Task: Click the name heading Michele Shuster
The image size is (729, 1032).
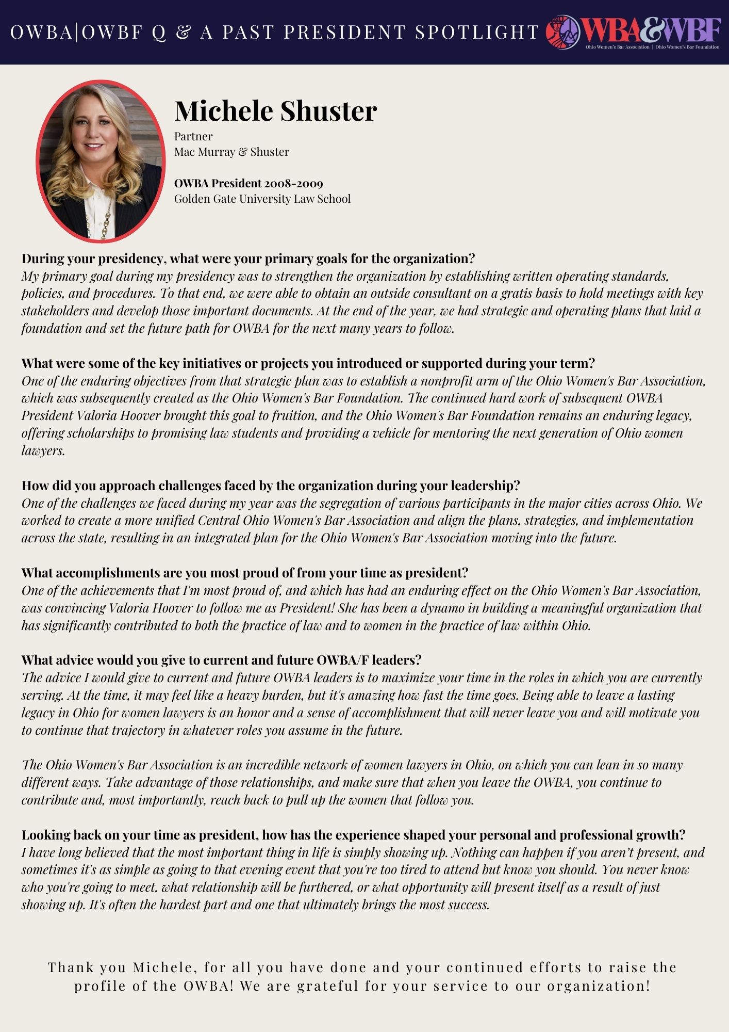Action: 275,110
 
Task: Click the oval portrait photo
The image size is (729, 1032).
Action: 101,160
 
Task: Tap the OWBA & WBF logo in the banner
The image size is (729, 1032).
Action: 633,32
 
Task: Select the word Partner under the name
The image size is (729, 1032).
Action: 193,137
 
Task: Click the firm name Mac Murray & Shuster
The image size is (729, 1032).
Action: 231,152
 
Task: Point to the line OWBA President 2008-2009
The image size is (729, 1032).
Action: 248,184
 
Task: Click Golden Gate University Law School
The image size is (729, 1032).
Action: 262,199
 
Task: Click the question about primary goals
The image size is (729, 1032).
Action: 248,259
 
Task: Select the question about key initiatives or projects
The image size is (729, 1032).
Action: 308,363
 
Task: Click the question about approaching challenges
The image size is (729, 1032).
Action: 270,486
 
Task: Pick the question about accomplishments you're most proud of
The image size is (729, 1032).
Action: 244,573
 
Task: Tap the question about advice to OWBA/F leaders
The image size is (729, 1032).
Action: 221,660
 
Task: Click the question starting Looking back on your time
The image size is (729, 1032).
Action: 353,835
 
